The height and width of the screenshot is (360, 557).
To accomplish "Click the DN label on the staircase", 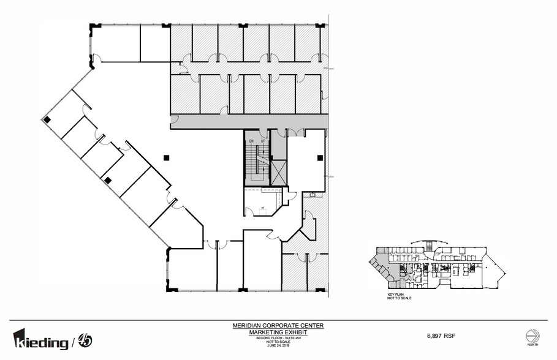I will click(251, 141).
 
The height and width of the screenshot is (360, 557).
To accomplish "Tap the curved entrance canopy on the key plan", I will click(422, 242).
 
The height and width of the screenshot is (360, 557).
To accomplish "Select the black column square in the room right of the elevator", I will click(319, 157).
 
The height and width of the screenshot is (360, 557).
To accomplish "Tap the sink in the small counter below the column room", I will click(313, 195).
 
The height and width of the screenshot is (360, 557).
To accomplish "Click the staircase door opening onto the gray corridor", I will click(263, 132).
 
